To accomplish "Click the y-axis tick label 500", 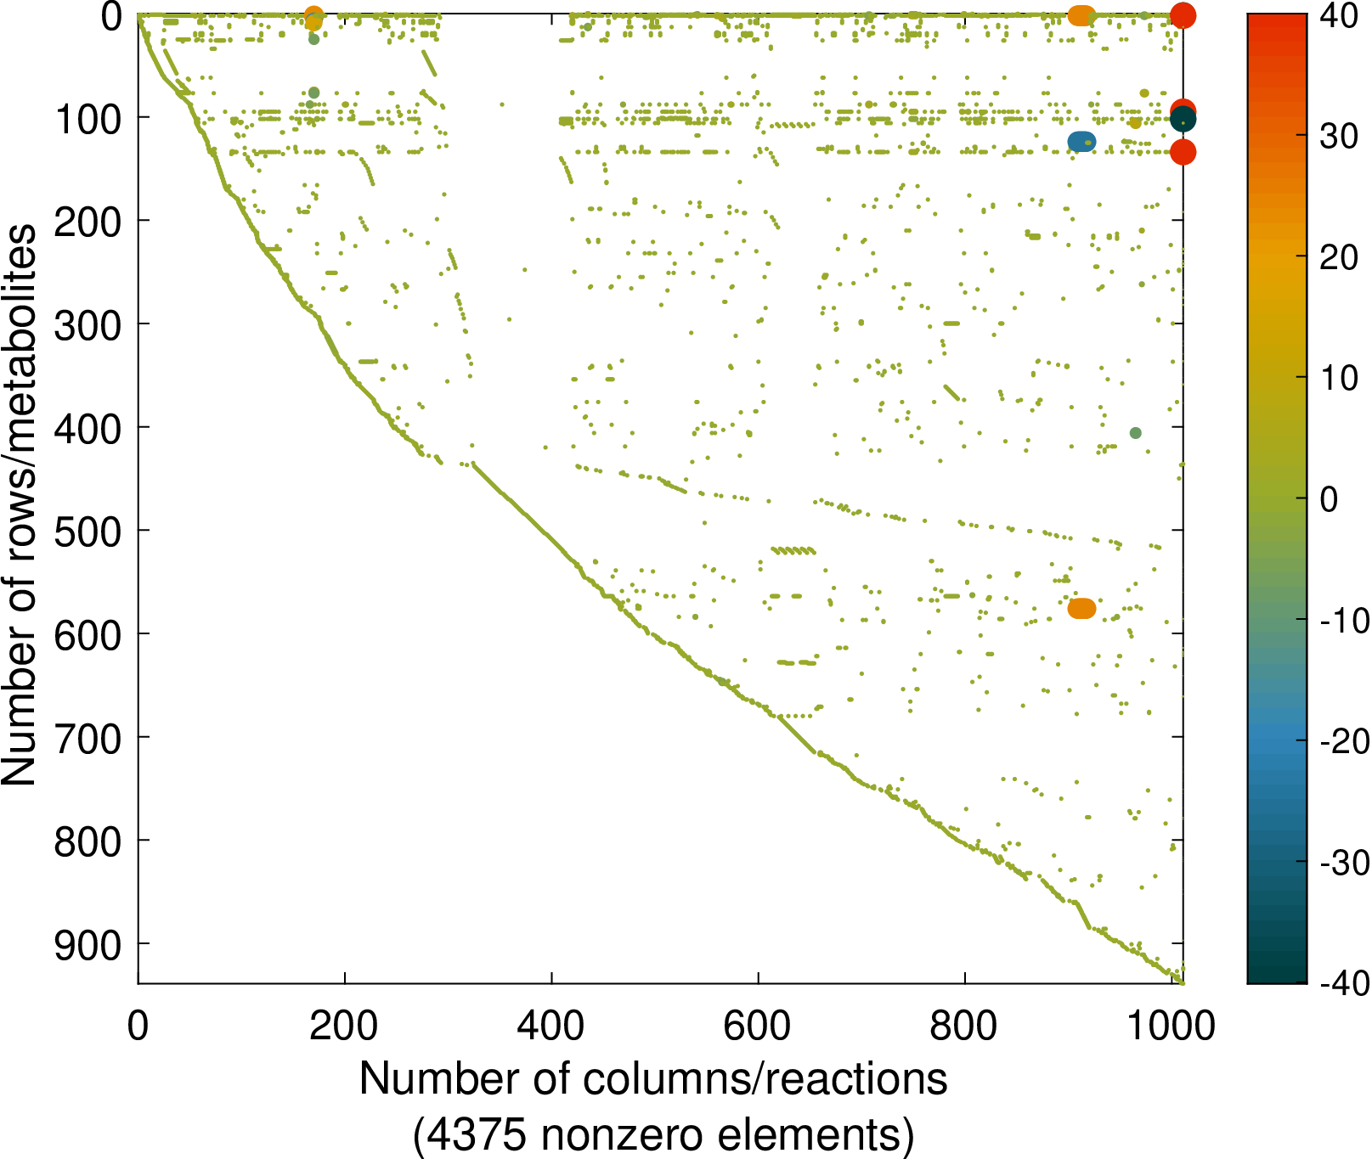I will (88, 532).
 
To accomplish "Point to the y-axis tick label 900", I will (88, 945).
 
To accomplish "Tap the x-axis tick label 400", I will (551, 1026).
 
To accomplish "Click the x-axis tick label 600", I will (758, 1026).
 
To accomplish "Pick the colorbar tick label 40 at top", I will (1340, 16).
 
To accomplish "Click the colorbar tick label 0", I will (1330, 499).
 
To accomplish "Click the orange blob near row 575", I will (1081, 609).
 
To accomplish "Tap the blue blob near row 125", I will (1081, 142).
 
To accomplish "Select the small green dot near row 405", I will (1136, 433).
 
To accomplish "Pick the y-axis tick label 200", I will (88, 222).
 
